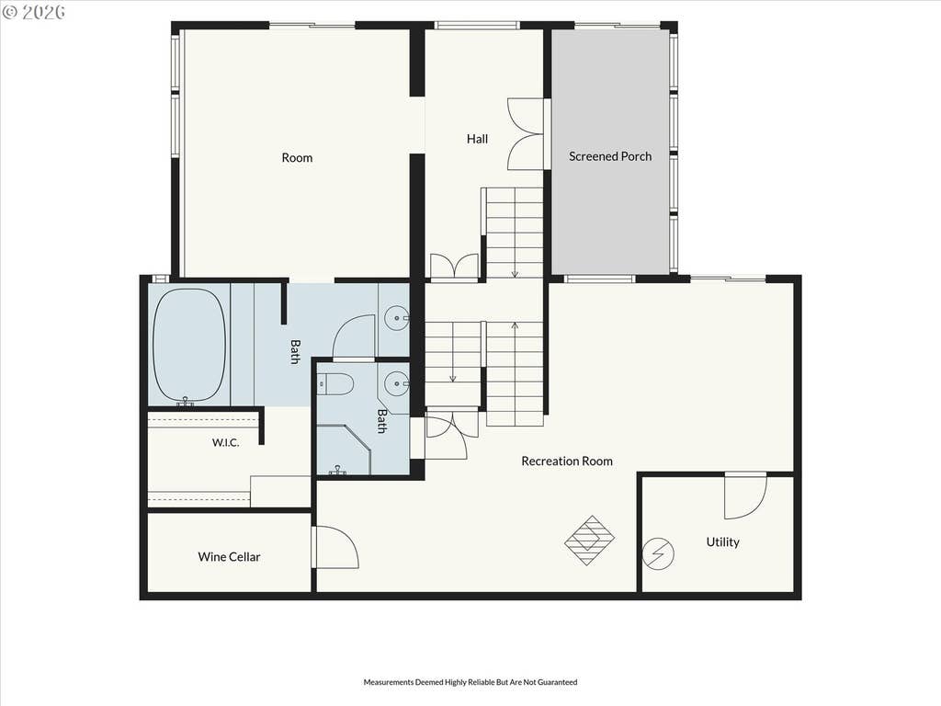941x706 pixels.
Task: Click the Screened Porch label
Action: pyautogui.click(x=610, y=156)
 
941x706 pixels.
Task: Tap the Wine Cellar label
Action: pyautogui.click(x=229, y=557)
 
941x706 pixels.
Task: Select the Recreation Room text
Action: pyautogui.click(x=567, y=461)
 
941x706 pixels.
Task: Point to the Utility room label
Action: pyautogui.click(x=722, y=542)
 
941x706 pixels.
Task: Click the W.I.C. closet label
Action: pyautogui.click(x=226, y=443)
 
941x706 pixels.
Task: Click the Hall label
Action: pyautogui.click(x=477, y=139)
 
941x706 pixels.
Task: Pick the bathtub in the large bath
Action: pyautogui.click(x=189, y=346)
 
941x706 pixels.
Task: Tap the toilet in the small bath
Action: pyautogui.click(x=335, y=384)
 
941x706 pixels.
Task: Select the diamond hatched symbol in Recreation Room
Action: pyautogui.click(x=590, y=541)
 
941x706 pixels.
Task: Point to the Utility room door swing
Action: pyautogui.click(x=745, y=495)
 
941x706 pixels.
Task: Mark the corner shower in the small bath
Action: pyautogui.click(x=344, y=450)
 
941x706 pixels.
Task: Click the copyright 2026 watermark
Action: pyautogui.click(x=34, y=12)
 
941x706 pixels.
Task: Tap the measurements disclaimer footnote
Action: pyautogui.click(x=470, y=682)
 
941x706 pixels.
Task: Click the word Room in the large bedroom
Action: pyautogui.click(x=297, y=158)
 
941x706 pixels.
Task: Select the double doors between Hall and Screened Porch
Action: pyautogui.click(x=527, y=133)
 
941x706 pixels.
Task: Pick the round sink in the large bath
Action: pyautogui.click(x=395, y=317)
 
